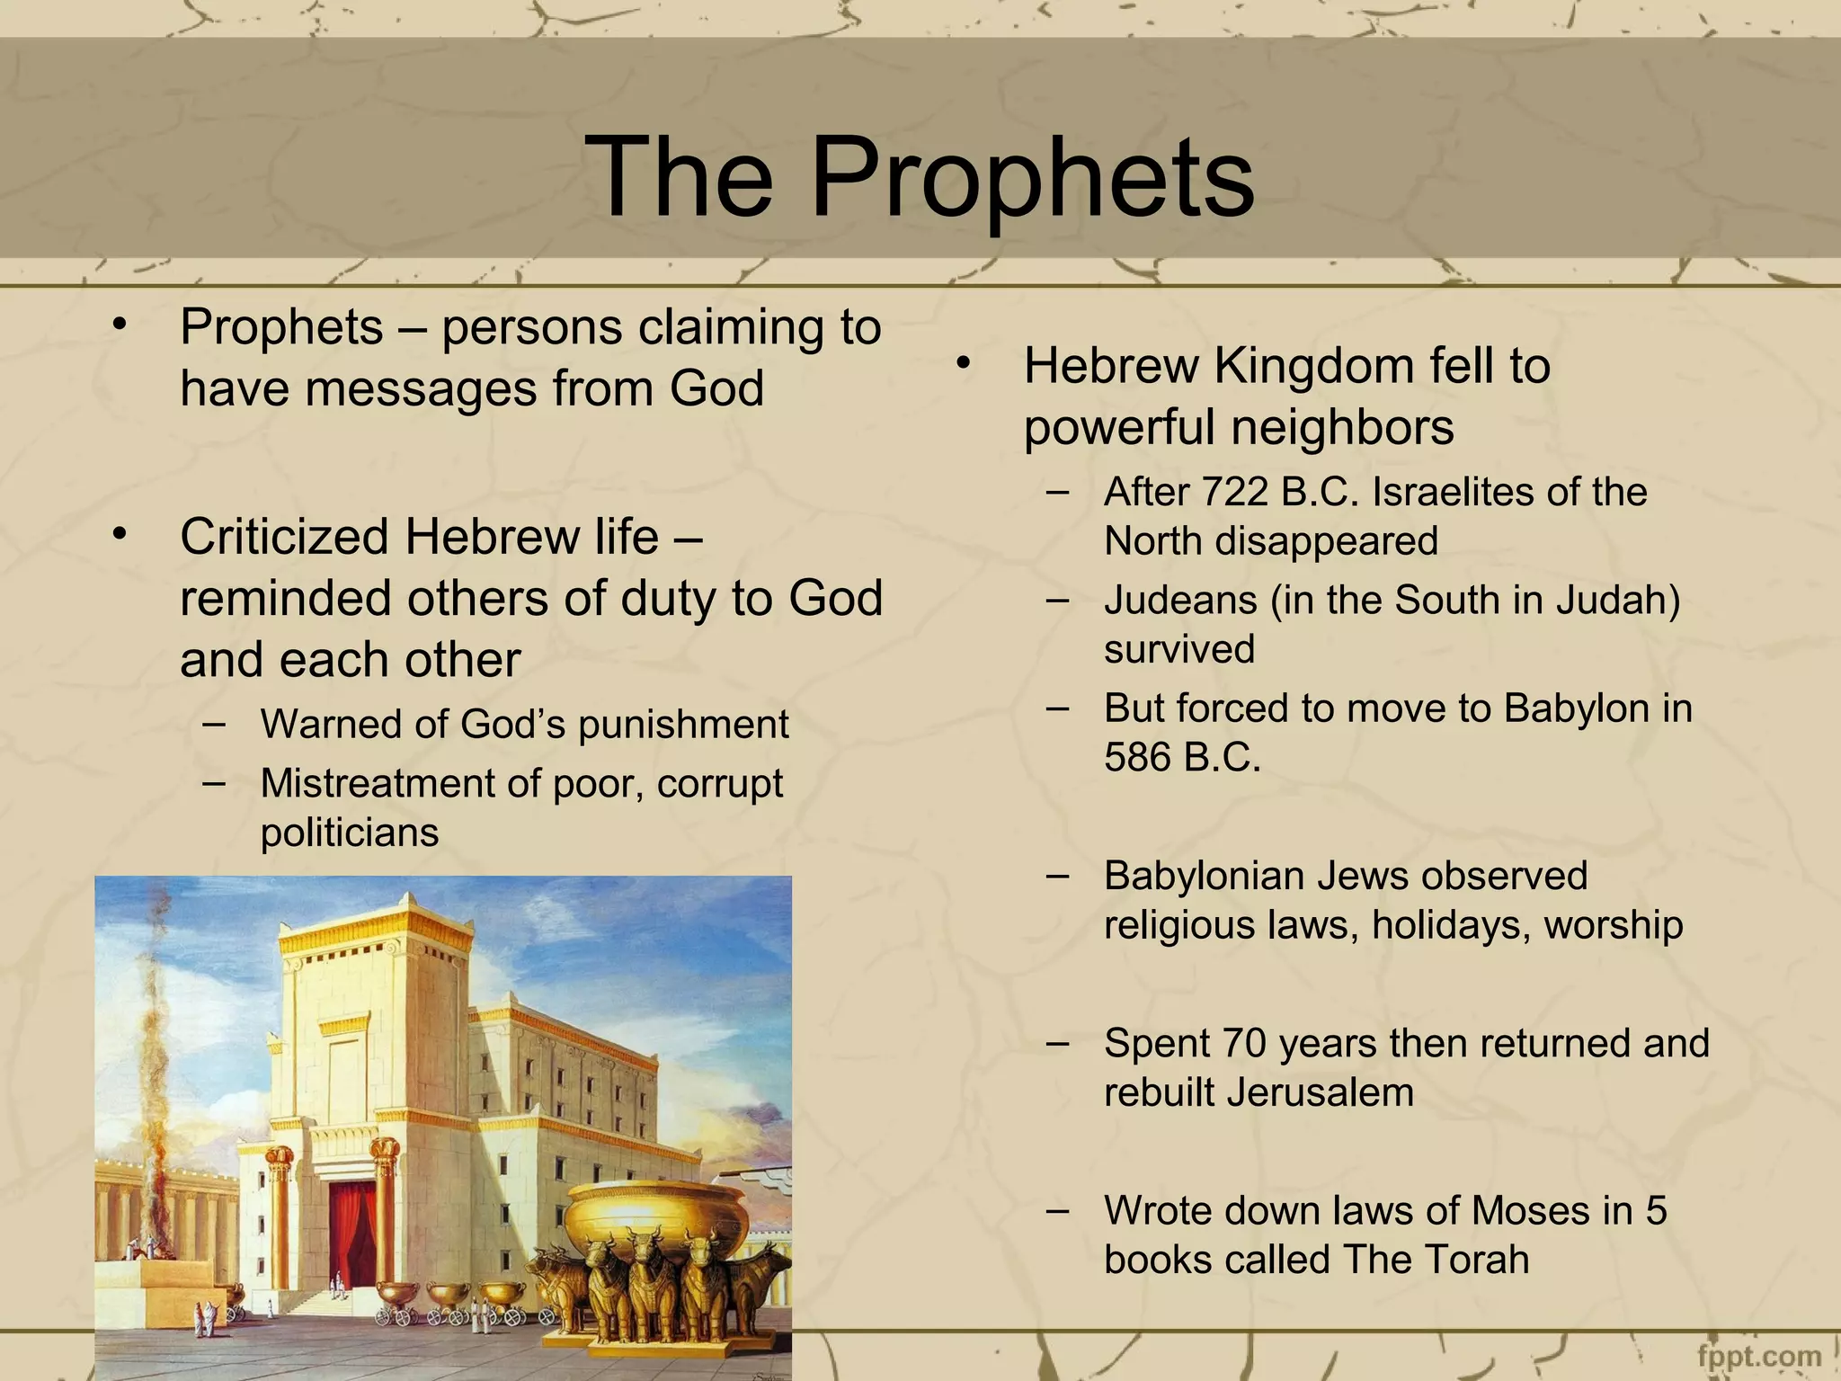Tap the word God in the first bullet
click(x=716, y=388)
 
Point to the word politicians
click(x=350, y=833)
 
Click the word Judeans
click(x=1180, y=601)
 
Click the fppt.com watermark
click(x=1759, y=1356)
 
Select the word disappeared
click(x=1326, y=541)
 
